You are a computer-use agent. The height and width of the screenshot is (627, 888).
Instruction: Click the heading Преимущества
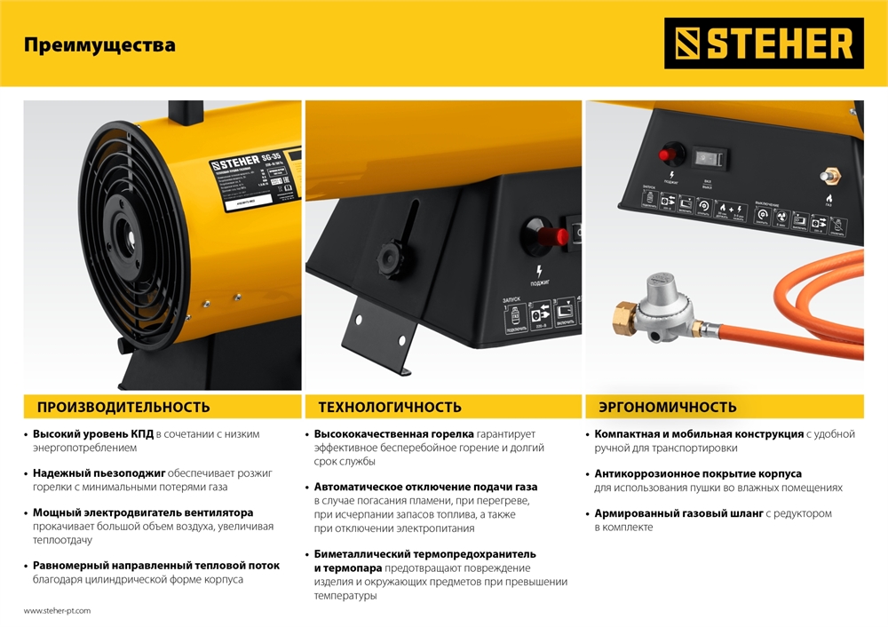tap(99, 44)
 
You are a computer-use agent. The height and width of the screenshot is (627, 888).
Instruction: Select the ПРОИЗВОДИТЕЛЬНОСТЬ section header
tap(123, 408)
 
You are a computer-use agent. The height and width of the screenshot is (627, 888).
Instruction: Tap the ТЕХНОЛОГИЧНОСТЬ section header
tap(390, 408)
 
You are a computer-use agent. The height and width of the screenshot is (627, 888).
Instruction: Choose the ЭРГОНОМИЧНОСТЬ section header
tap(667, 408)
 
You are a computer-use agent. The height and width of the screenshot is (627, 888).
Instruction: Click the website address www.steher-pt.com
tap(57, 611)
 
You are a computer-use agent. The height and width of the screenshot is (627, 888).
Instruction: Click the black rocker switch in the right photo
tap(711, 158)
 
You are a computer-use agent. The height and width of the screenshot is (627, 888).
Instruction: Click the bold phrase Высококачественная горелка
tap(393, 434)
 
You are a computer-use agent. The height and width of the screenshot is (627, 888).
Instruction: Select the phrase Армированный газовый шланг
tap(678, 513)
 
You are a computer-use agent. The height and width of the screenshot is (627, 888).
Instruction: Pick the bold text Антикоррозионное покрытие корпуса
tap(697, 473)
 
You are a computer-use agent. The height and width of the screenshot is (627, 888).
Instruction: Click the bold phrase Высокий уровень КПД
tap(92, 434)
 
